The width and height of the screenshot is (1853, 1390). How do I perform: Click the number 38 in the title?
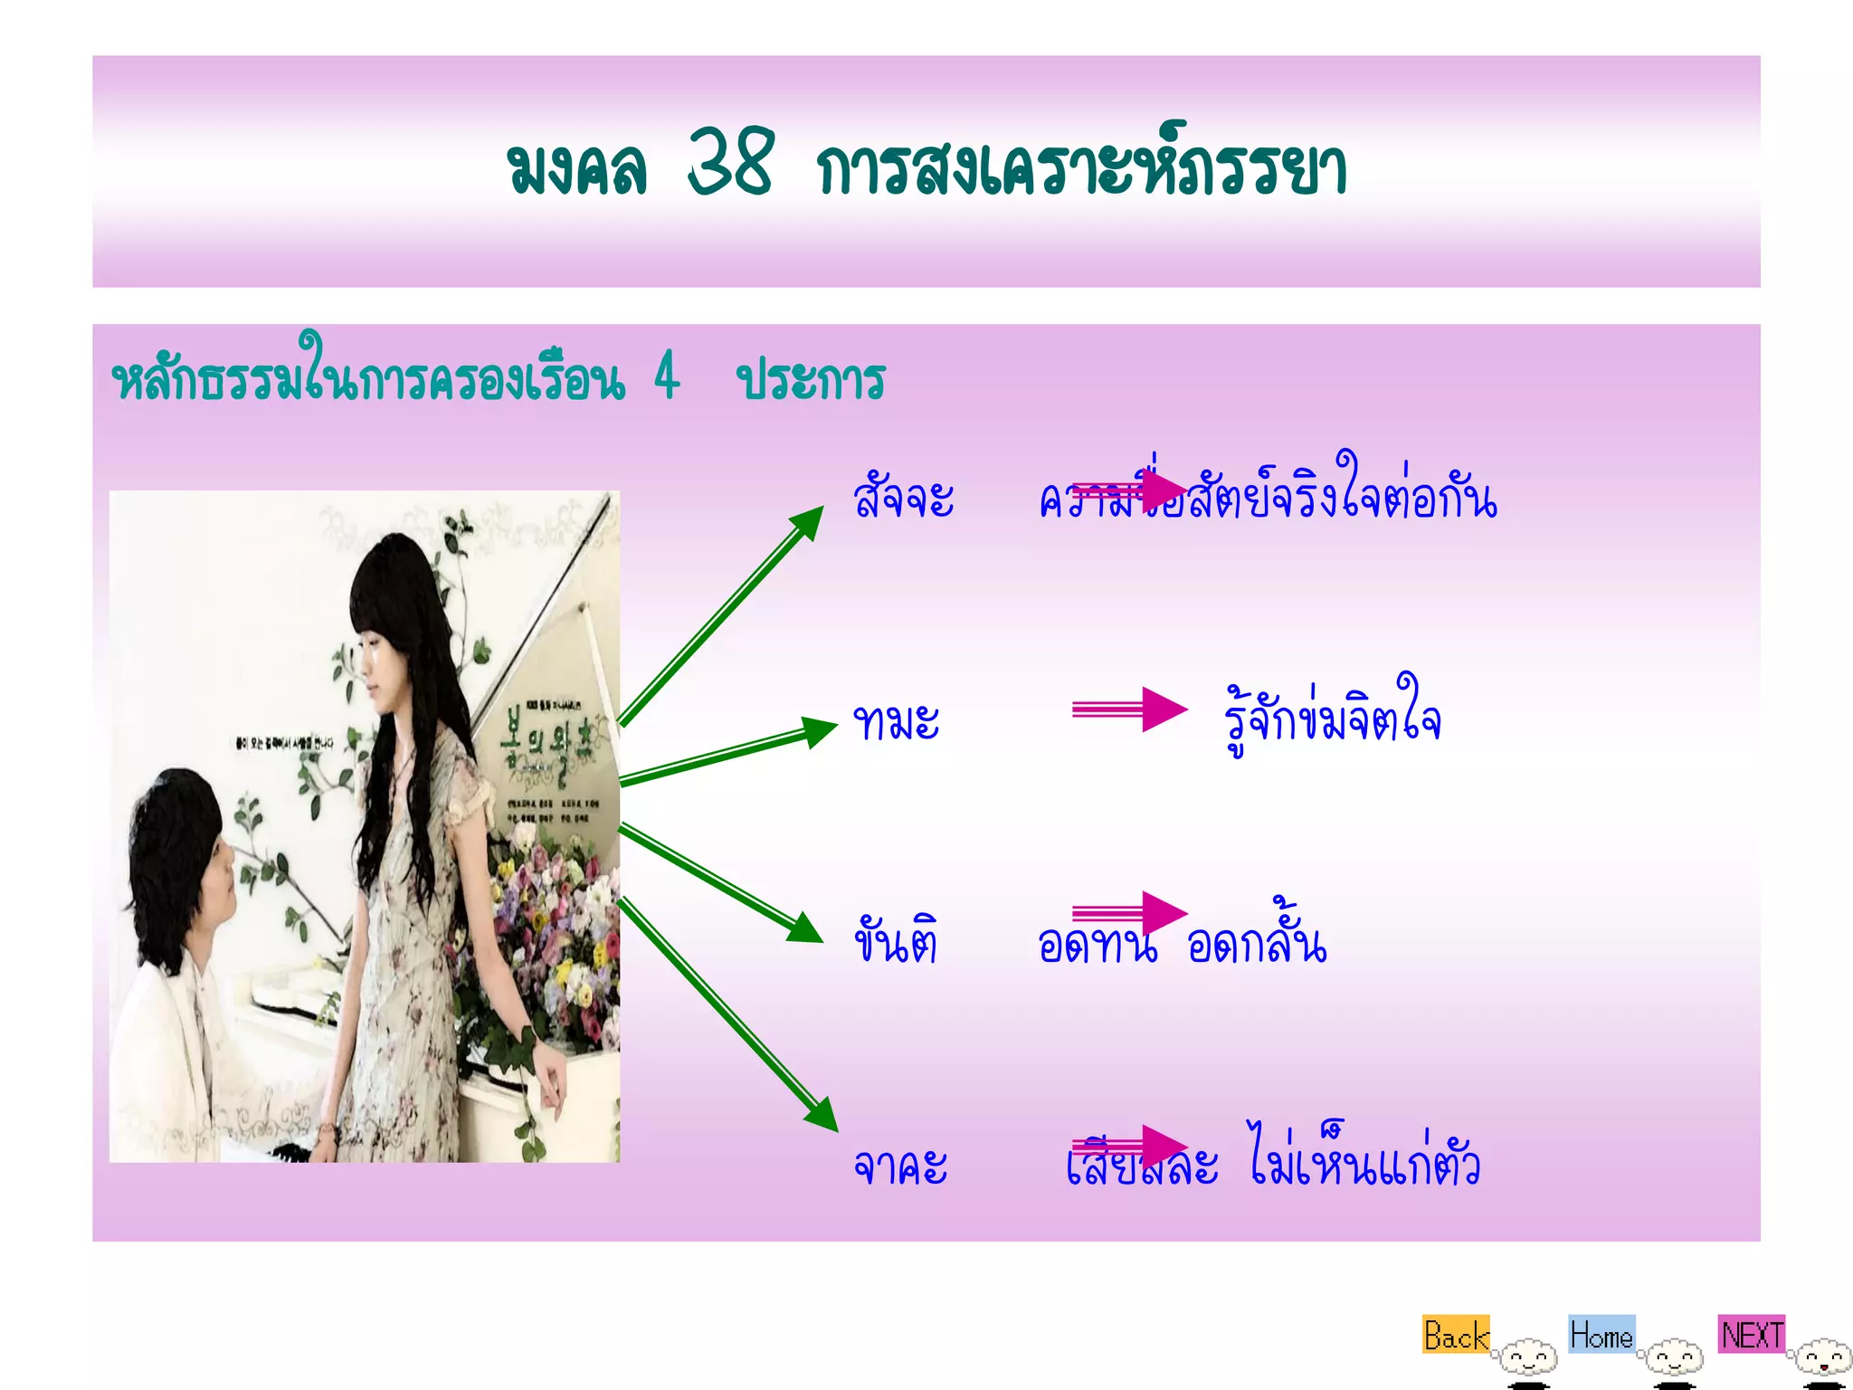point(730,164)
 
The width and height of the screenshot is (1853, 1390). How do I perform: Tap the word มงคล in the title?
point(577,169)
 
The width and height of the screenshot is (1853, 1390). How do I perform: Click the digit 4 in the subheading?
point(667,376)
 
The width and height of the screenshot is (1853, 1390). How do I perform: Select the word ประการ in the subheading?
point(811,380)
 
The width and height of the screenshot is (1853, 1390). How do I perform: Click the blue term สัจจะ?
point(903,497)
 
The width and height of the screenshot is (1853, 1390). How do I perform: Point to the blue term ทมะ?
point(897,722)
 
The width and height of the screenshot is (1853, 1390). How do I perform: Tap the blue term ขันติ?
point(896,941)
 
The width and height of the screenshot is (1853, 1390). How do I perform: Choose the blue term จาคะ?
point(900,1165)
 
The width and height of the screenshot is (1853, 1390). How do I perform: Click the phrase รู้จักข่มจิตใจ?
point(1332,719)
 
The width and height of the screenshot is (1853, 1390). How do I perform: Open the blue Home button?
point(1601,1335)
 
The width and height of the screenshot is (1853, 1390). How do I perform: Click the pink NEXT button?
point(1752,1335)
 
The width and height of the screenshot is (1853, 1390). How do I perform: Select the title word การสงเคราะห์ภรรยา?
point(1081,169)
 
